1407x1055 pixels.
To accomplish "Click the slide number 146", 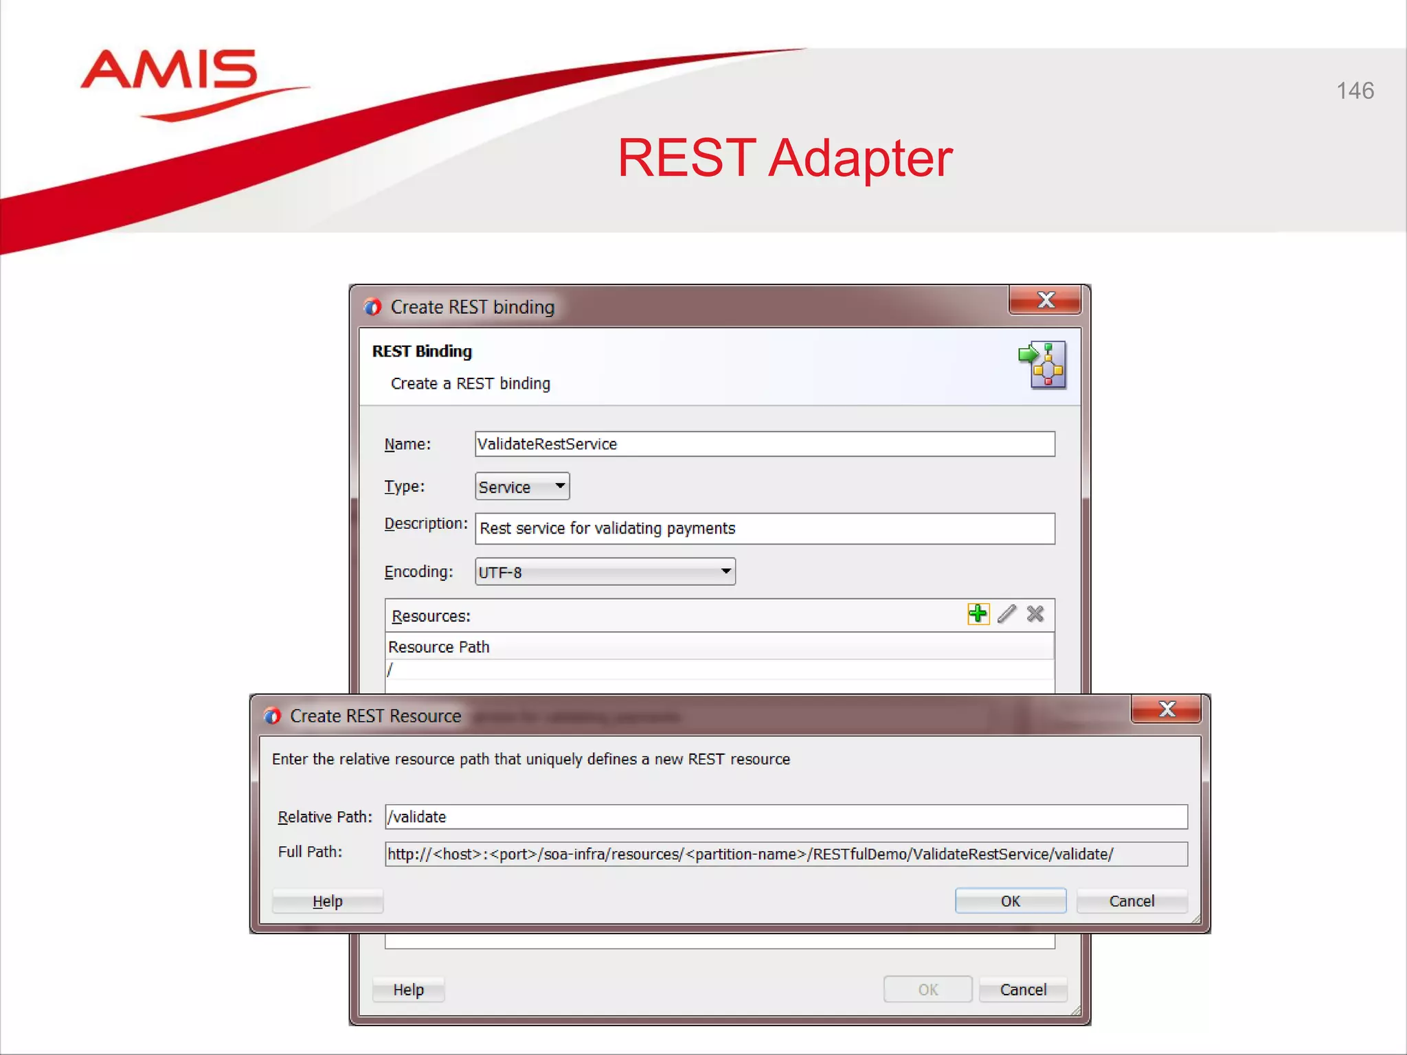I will [x=1355, y=91].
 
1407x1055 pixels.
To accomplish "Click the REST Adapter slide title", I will [x=785, y=158].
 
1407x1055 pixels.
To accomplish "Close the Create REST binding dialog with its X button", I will [x=1045, y=300].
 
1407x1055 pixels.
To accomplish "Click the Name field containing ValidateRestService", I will [x=764, y=444].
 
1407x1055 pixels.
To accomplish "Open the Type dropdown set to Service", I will [x=522, y=486].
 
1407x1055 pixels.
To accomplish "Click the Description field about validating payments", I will [x=764, y=528].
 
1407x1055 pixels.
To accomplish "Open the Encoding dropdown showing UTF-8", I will [x=605, y=571].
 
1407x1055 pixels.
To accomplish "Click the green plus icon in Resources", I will [x=978, y=613].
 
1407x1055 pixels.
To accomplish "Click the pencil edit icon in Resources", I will [x=1006, y=613].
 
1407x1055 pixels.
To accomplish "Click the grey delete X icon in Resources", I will [x=1035, y=613].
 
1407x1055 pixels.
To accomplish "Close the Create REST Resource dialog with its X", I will [x=1166, y=710].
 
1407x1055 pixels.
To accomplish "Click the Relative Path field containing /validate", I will [x=785, y=817].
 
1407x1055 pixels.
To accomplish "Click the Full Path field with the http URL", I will [x=785, y=854].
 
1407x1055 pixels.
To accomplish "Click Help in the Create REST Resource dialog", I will [x=328, y=901].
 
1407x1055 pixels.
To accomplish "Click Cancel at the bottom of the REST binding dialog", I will [x=1023, y=989].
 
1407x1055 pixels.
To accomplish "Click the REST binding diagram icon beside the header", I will [x=1043, y=365].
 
